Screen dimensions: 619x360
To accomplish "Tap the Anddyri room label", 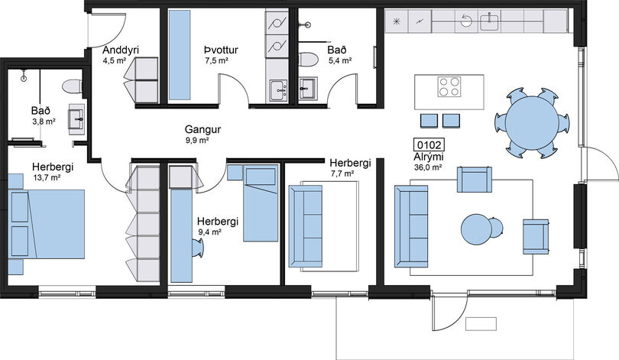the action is [x=121, y=50].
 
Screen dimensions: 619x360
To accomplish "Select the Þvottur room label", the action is [x=221, y=50].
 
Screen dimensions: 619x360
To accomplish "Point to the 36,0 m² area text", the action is [x=427, y=167].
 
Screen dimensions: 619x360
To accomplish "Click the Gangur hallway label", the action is [x=203, y=129].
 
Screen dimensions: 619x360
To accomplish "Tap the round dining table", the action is [x=532, y=124].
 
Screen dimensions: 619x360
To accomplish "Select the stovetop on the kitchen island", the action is [x=449, y=86].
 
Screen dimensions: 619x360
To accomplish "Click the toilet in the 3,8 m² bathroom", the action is [x=73, y=86].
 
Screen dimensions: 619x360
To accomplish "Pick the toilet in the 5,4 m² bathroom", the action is [x=308, y=60].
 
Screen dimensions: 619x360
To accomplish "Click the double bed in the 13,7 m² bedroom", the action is [x=47, y=224].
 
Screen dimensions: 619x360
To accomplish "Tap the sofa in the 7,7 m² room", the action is [x=306, y=226].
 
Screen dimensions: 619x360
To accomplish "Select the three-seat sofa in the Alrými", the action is [x=411, y=226].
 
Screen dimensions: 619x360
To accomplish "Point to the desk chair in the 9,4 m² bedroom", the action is [x=198, y=248].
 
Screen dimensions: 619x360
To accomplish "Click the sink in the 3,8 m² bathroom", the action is [x=76, y=117].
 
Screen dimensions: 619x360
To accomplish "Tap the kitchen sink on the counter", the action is [x=490, y=21].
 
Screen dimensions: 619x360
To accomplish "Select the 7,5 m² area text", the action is [x=216, y=60].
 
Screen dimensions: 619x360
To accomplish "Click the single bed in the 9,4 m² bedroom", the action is [x=261, y=203].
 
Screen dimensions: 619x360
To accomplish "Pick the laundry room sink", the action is [x=279, y=90].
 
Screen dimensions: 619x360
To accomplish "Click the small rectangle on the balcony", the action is [x=481, y=323].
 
